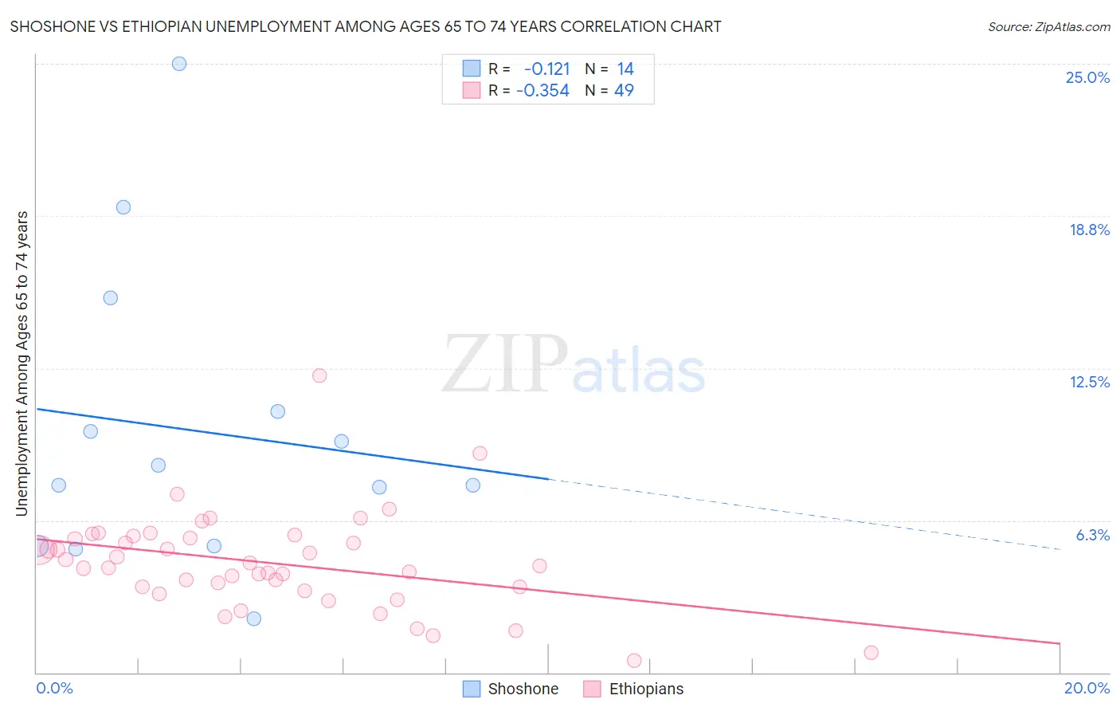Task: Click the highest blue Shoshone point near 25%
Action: [179, 64]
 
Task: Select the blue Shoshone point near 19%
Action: [123, 207]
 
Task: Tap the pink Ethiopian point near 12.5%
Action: [319, 375]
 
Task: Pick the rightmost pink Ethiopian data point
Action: [871, 653]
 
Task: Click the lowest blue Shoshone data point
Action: [254, 619]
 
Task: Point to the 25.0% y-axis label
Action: [1087, 77]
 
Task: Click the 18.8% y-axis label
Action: [1089, 230]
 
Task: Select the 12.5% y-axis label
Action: [1089, 382]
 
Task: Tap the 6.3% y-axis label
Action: [1092, 535]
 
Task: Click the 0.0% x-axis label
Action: [54, 688]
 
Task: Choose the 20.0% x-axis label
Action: [1087, 688]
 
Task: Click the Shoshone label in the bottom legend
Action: [523, 689]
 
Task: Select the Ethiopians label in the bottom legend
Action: [646, 689]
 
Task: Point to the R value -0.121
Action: [546, 69]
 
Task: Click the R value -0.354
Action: [542, 91]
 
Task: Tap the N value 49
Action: [624, 91]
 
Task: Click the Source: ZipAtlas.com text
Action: [1048, 27]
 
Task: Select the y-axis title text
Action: [22, 363]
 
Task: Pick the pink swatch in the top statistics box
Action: [472, 90]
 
